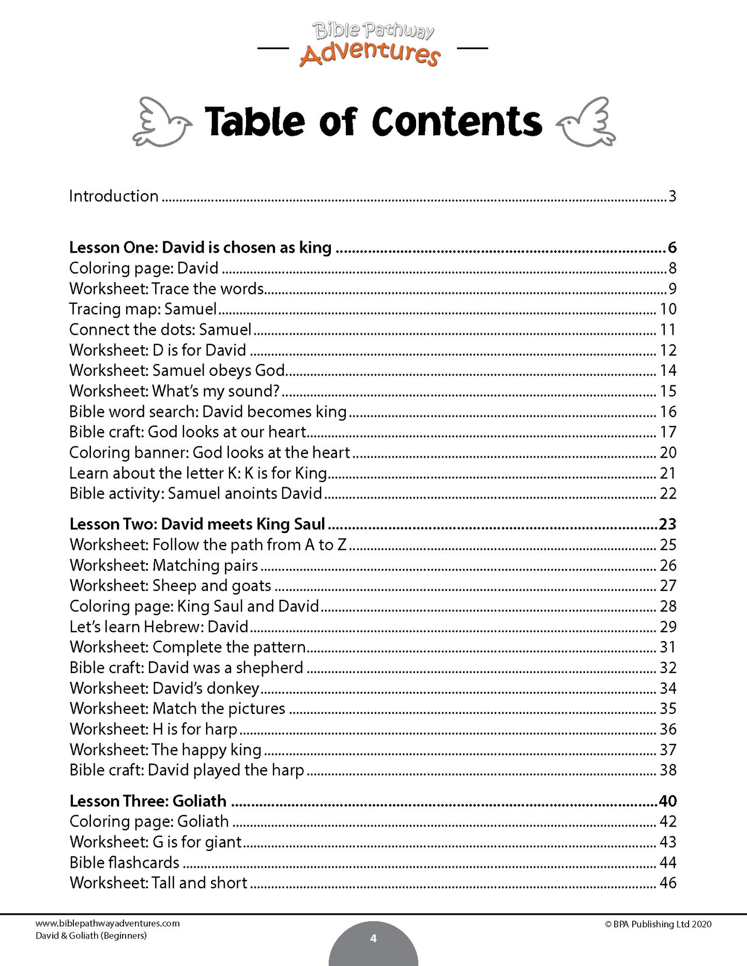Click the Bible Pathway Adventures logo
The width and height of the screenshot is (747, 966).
point(372,45)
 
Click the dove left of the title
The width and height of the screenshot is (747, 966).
point(162,122)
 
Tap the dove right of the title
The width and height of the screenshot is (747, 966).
point(586,122)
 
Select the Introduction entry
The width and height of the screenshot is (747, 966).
point(114,196)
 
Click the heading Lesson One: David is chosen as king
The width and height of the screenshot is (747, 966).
point(200,247)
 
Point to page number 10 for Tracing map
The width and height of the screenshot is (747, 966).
point(668,309)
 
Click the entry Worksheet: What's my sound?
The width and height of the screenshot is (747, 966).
point(174,391)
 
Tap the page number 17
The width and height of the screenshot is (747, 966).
point(668,432)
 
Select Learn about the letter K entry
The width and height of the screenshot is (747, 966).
point(198,473)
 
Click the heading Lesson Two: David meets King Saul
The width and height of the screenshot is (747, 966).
point(197,524)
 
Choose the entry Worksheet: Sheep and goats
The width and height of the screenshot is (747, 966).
point(170,586)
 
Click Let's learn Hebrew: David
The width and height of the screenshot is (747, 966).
point(159,627)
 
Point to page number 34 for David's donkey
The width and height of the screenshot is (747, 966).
point(668,688)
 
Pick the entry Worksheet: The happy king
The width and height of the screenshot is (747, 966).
point(165,750)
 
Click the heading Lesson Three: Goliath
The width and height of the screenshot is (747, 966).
point(148,801)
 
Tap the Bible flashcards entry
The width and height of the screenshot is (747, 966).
point(124,863)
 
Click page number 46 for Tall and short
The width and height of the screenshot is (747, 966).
point(668,883)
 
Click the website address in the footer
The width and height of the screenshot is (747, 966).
point(108,924)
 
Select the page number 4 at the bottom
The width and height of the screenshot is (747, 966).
point(373,939)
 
